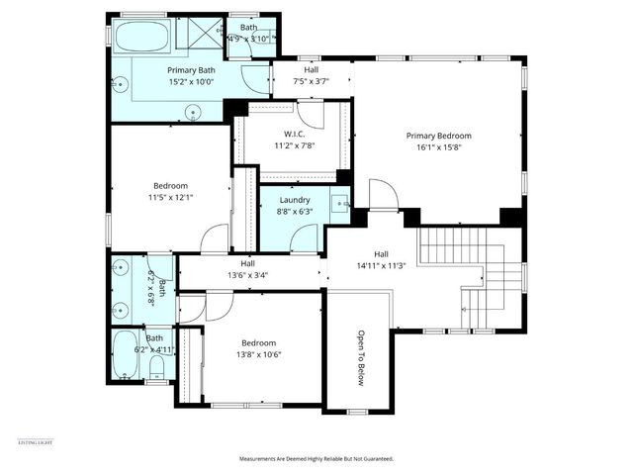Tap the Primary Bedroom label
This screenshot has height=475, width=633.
[x=438, y=136]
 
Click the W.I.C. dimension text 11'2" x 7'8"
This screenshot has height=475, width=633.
[x=293, y=145]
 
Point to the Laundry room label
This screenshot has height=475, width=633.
[x=295, y=199]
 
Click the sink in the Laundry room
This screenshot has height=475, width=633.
[x=339, y=205]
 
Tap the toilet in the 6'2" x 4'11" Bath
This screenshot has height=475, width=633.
[x=156, y=368]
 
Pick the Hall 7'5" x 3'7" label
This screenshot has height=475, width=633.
[x=311, y=70]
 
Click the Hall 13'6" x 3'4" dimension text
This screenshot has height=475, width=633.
[x=247, y=276]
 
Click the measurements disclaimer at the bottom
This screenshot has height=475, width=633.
[x=316, y=459]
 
